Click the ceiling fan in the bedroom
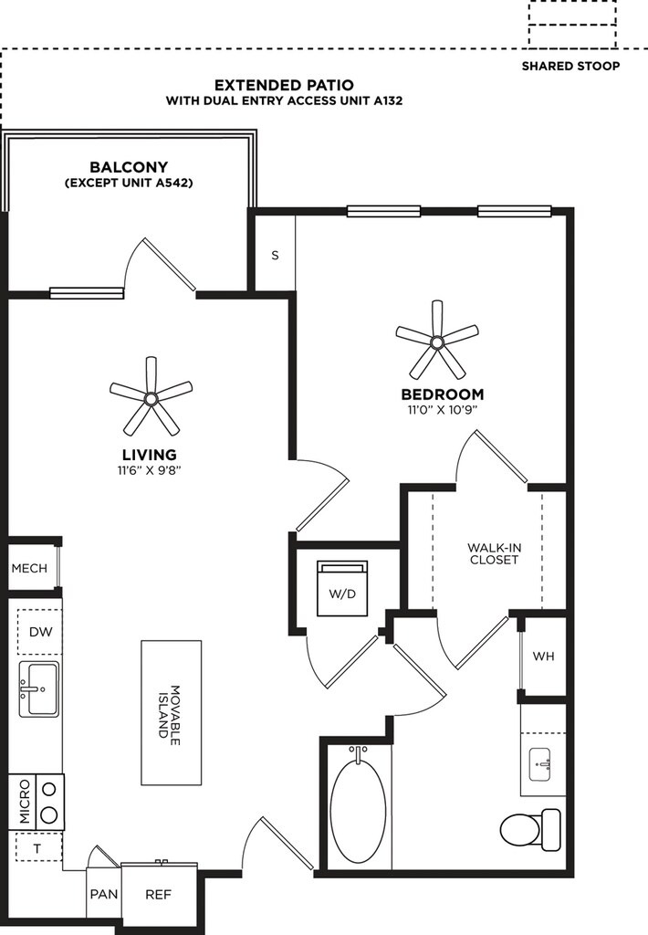point(437,342)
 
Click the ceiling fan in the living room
point(151,398)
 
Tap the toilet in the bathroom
point(530,829)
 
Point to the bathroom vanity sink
point(542,764)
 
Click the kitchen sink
point(38,688)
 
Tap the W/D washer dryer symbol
point(342,589)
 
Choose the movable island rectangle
point(171,712)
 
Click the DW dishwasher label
point(40,632)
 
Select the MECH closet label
point(29,568)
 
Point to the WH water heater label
point(543,656)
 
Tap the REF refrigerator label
point(158,895)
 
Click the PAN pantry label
point(104,895)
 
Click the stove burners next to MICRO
point(50,802)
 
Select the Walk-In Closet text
point(493,553)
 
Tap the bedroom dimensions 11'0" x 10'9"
point(443,410)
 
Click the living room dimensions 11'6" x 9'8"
point(149,470)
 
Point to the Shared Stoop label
point(570,66)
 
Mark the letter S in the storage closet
point(275,256)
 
